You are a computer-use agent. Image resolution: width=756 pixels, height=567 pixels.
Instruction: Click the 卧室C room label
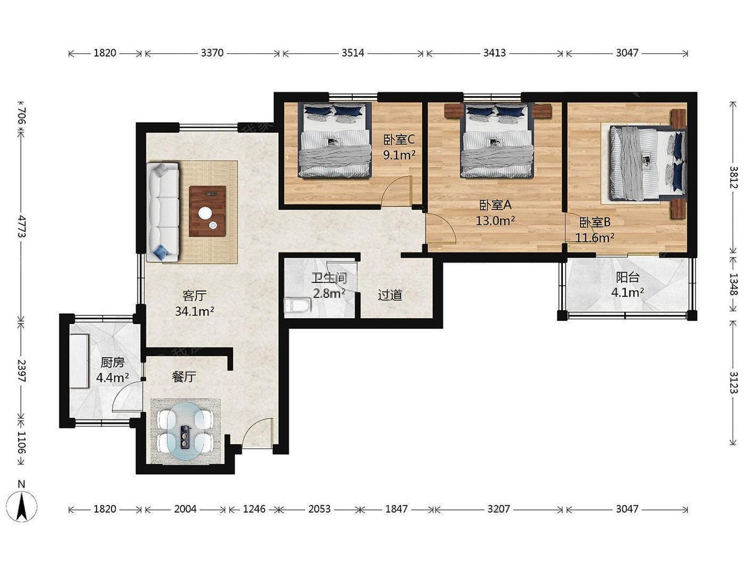click(x=399, y=140)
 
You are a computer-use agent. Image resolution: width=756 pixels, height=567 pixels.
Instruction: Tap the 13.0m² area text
click(x=495, y=220)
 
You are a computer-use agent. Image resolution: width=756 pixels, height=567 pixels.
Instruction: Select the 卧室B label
click(x=595, y=222)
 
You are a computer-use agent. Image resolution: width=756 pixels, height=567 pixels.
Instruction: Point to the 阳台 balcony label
click(x=627, y=277)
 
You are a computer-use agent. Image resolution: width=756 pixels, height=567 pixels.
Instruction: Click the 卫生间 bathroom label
click(x=329, y=278)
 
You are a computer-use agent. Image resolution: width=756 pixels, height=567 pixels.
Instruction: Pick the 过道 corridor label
click(x=390, y=295)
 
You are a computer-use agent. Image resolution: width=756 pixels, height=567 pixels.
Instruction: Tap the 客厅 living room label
click(x=194, y=295)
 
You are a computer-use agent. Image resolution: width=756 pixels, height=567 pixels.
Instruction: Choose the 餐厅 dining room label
click(x=184, y=376)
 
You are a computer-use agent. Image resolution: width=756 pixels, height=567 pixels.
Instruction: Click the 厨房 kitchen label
click(x=112, y=363)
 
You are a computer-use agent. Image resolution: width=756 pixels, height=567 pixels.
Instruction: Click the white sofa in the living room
click(x=163, y=212)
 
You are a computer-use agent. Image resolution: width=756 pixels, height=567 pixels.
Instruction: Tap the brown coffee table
click(x=208, y=211)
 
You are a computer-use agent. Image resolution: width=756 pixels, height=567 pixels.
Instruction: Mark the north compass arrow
click(x=22, y=507)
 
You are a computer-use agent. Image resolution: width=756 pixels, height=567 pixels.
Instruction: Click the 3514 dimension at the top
click(x=353, y=53)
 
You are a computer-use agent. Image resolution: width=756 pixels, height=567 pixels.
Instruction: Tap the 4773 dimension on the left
click(x=22, y=226)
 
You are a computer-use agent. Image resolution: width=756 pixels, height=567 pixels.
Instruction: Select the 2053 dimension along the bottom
click(x=319, y=509)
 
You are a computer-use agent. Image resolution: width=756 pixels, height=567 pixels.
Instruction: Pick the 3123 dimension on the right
click(x=733, y=382)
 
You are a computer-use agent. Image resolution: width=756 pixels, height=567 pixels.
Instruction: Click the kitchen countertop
click(x=79, y=361)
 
